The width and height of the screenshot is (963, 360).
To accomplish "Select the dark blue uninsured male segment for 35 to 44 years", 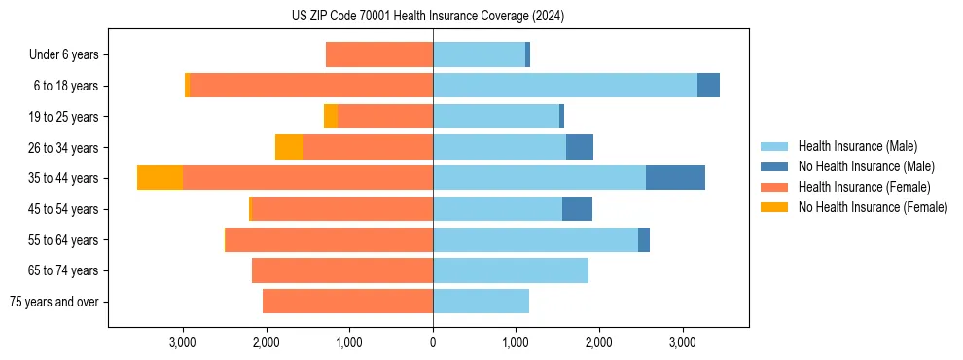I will (x=675, y=178).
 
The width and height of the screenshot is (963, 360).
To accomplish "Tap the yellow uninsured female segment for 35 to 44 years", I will (x=160, y=178).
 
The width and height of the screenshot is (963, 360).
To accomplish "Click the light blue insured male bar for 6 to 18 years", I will (x=565, y=86).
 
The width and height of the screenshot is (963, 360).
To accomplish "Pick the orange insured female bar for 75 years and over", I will (x=347, y=302).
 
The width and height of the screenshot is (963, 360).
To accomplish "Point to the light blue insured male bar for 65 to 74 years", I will (x=511, y=270).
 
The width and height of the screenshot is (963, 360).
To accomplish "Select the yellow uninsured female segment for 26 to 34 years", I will (x=289, y=147).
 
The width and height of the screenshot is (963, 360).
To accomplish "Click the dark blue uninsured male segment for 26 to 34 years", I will (x=580, y=147).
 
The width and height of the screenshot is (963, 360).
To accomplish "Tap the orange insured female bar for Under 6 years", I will (x=379, y=54).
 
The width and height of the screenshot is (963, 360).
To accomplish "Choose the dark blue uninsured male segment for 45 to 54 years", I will (x=577, y=209).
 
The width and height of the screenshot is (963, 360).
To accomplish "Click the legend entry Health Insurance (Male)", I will (x=857, y=146).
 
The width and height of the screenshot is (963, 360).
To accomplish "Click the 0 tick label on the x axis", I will (x=433, y=342).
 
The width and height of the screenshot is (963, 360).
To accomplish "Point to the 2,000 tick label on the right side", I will (x=598, y=342).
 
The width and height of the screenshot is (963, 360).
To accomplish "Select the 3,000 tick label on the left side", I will (x=184, y=342).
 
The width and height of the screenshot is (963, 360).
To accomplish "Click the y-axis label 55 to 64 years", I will (x=64, y=240).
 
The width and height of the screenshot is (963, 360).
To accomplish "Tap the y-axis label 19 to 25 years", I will (x=64, y=117).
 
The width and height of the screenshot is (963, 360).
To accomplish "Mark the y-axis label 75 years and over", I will (x=54, y=302).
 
